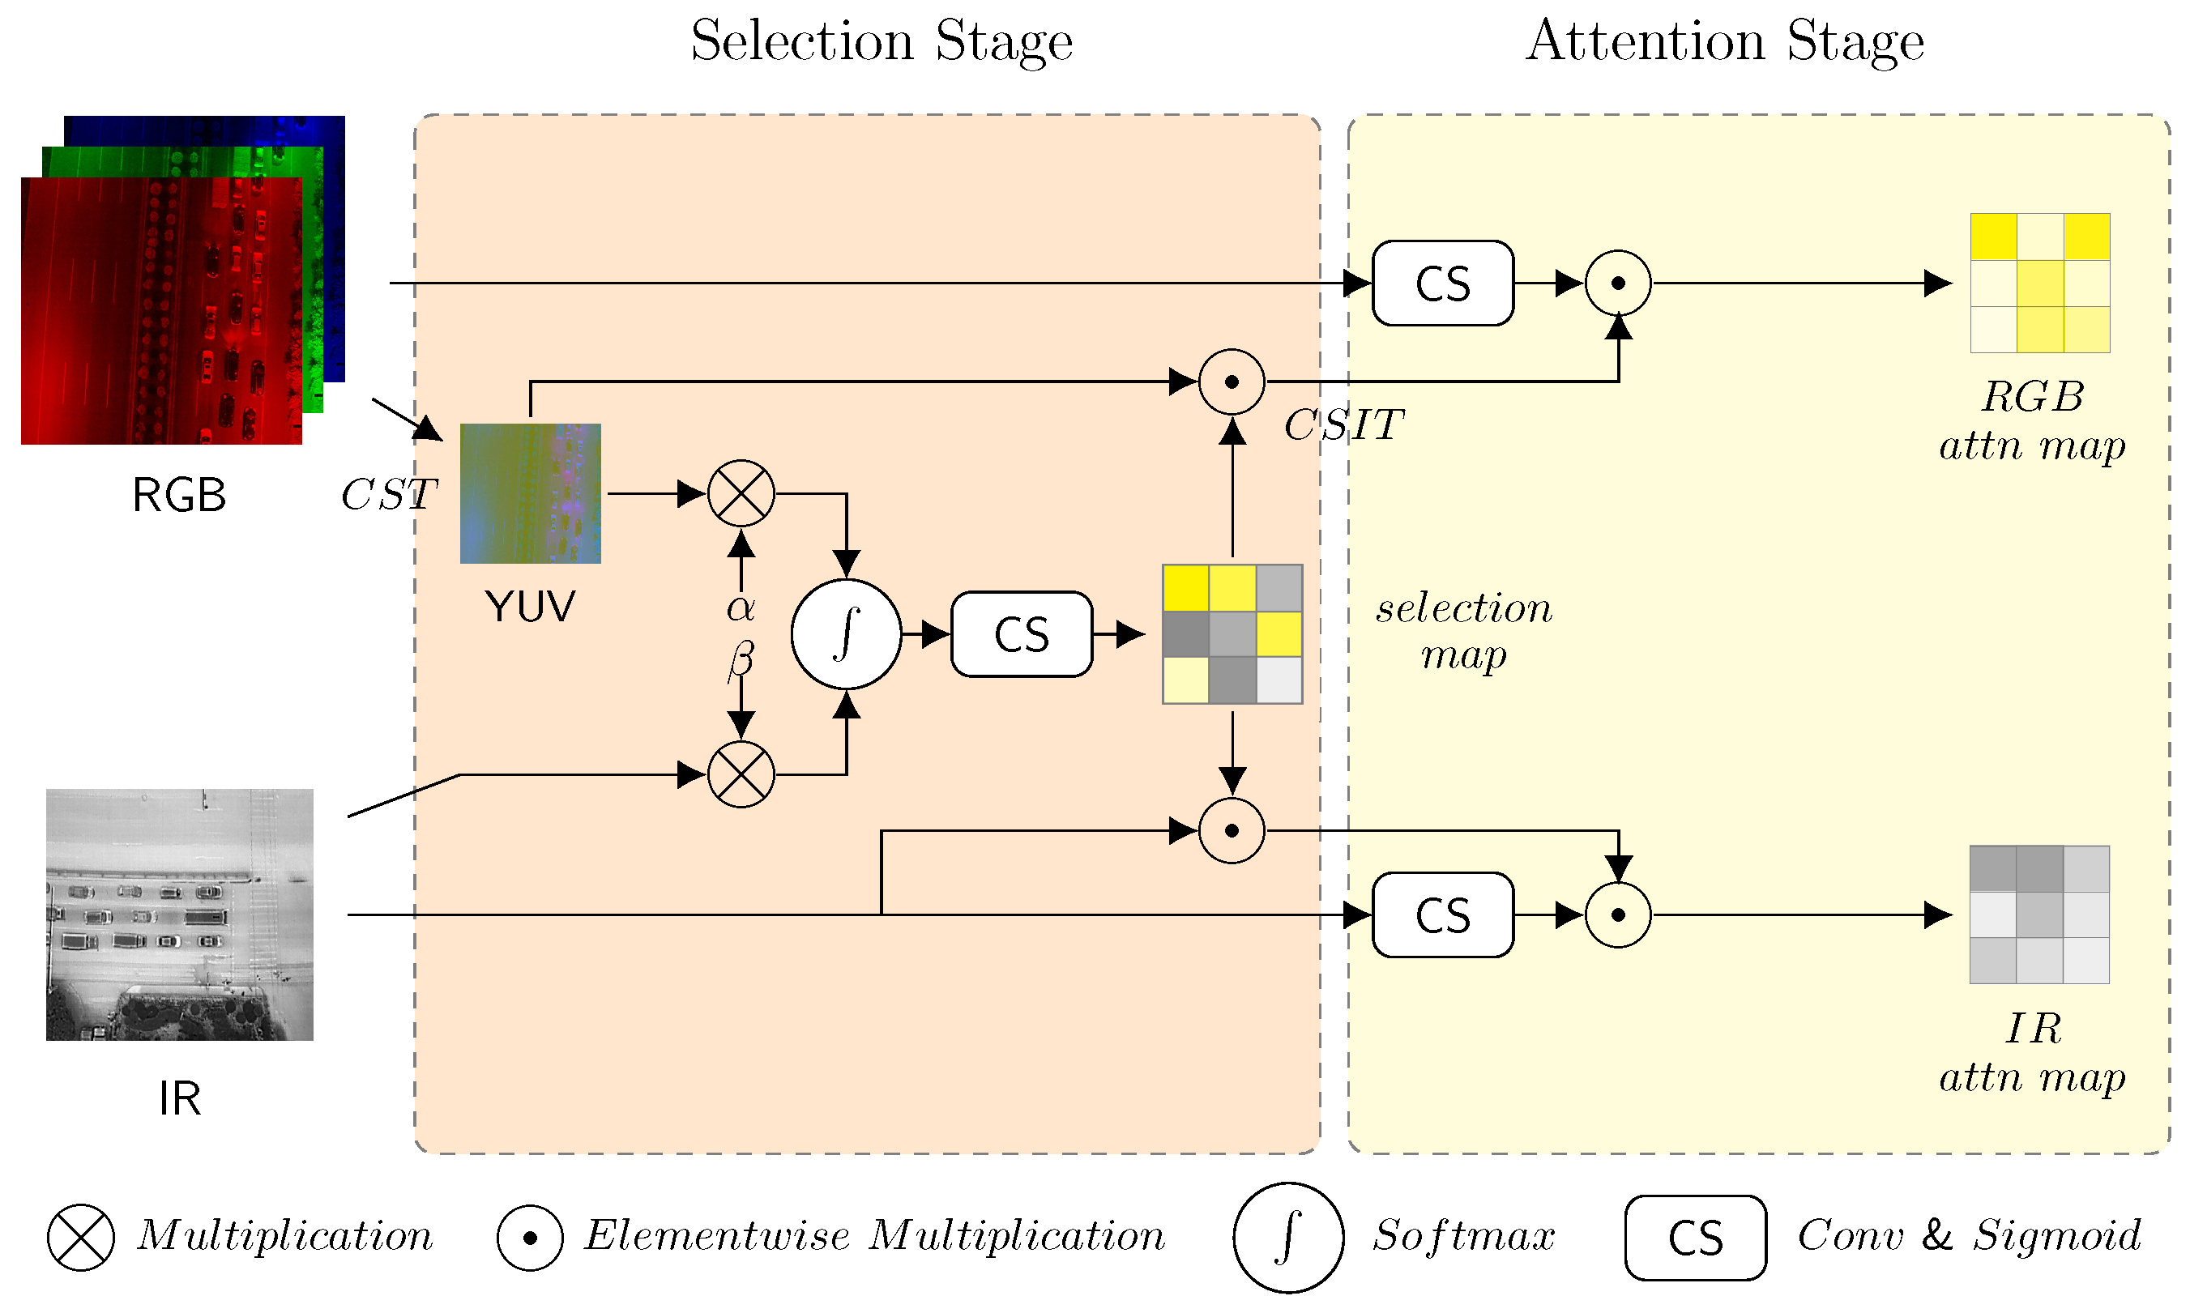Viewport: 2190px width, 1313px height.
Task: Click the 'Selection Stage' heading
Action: coord(882,42)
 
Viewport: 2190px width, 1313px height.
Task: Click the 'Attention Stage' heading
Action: coord(1725,42)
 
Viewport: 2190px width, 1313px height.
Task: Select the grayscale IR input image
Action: coord(180,914)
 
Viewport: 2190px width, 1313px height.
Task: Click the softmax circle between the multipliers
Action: coord(846,634)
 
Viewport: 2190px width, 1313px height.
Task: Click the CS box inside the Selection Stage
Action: coord(1022,634)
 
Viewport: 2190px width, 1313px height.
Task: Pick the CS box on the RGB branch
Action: coord(1443,283)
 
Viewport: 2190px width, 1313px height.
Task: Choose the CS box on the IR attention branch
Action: coord(1443,914)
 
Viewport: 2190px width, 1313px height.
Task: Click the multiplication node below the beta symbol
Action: coord(741,774)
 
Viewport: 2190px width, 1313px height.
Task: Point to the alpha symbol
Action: coord(741,607)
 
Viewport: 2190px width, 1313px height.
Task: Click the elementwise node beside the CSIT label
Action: coord(1232,382)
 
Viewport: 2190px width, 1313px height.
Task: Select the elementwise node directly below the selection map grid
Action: coord(1232,831)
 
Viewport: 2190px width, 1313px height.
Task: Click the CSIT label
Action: coord(1344,425)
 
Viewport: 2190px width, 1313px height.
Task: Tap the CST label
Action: coord(388,495)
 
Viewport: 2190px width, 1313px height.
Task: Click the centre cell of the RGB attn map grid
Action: coord(2040,283)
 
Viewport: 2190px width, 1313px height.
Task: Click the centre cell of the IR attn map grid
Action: coord(2040,914)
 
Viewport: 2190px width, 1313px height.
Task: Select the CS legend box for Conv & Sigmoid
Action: coord(1696,1238)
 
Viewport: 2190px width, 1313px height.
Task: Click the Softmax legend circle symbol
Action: coord(1288,1238)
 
